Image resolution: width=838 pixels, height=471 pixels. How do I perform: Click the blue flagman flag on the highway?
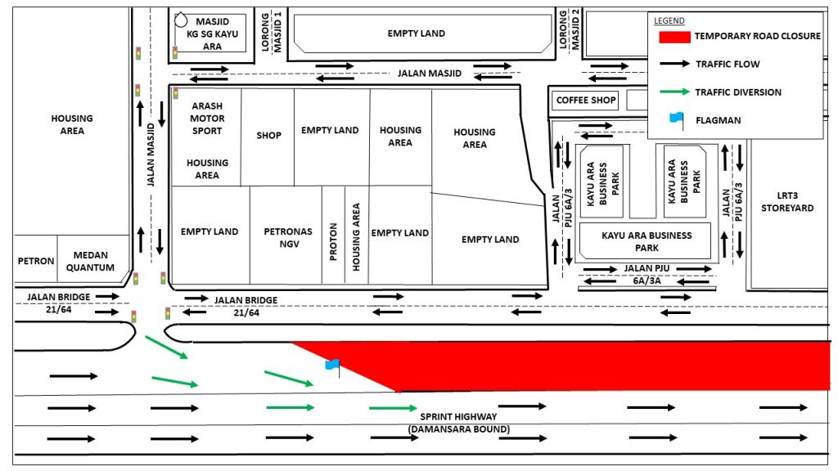click(332, 366)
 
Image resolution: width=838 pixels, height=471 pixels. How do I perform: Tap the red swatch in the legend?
click(674, 36)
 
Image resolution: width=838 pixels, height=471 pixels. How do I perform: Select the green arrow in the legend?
click(674, 92)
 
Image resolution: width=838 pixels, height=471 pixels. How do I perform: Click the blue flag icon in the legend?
click(677, 120)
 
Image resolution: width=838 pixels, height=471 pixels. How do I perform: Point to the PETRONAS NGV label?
click(288, 238)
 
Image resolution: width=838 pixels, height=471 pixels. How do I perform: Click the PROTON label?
click(334, 242)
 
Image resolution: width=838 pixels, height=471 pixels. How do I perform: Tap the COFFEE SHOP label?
click(586, 100)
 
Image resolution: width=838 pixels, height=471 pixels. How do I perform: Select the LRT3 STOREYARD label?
click(787, 202)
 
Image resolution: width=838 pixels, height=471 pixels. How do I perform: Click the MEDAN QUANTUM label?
click(90, 261)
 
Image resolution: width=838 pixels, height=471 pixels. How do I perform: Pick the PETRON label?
click(36, 261)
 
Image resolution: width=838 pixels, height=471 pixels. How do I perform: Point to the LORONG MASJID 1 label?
click(272, 32)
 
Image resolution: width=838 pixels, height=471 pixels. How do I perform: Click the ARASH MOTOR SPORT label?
click(207, 118)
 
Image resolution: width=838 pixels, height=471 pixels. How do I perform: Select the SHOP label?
click(268, 136)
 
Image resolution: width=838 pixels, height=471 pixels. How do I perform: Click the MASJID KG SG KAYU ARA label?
click(212, 34)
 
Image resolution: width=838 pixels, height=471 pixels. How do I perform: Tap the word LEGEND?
click(669, 20)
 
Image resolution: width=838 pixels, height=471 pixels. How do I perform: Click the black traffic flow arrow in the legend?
click(674, 64)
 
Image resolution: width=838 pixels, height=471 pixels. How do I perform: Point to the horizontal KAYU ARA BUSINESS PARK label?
click(647, 241)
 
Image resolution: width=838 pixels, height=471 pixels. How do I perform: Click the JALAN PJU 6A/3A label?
click(647, 275)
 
